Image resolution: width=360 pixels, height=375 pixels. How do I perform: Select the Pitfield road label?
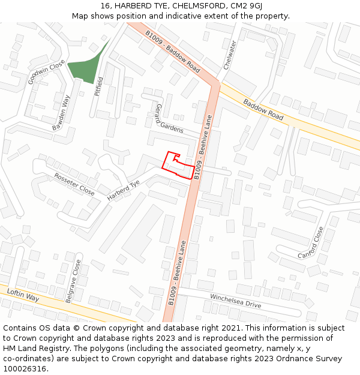click(100, 87)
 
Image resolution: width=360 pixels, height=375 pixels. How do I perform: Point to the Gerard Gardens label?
click(169, 118)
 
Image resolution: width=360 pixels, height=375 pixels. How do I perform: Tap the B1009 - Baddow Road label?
click(173, 52)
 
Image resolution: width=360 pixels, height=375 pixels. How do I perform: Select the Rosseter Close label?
click(74, 184)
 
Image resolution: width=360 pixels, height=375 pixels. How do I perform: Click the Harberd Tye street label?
click(123, 190)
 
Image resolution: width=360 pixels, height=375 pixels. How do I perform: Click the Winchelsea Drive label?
click(235, 301)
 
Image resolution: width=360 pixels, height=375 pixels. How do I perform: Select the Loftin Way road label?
click(23, 295)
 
